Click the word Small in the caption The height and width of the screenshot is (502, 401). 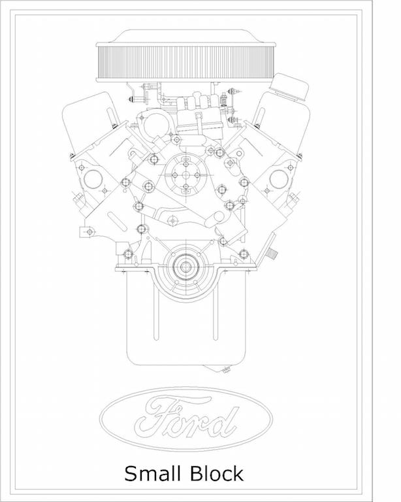click(x=152, y=473)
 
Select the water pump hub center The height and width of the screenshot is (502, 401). click(x=186, y=175)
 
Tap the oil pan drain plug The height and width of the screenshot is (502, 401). click(x=226, y=370)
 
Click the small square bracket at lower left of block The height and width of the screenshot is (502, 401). click(x=85, y=231)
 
